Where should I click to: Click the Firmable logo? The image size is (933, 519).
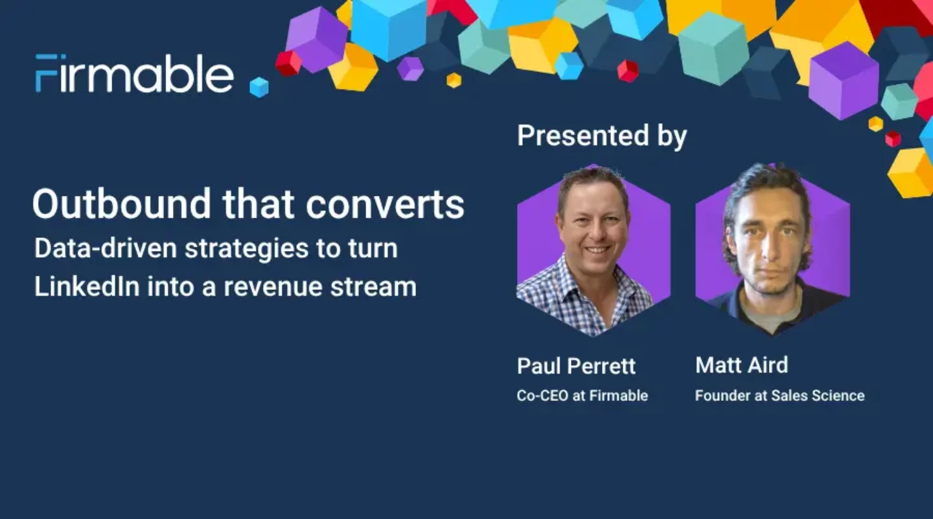134,73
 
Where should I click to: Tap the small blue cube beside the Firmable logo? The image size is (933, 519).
259,87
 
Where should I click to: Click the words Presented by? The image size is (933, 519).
602,136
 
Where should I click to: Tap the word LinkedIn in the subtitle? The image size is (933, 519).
87,287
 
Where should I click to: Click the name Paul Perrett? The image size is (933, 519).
576,366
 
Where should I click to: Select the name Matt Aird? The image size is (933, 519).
741,365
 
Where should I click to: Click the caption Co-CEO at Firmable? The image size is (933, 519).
582,395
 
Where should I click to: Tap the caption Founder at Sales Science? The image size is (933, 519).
779,395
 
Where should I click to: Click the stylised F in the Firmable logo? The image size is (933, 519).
45,73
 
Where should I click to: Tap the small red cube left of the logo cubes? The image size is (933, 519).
288,64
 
